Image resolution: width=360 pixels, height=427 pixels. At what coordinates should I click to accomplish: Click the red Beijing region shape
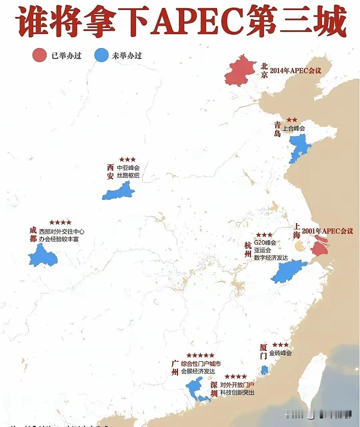[x=239, y=73]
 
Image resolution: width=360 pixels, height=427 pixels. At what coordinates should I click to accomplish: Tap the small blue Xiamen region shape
[x=264, y=370]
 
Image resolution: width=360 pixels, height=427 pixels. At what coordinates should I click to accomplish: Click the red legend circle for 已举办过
[x=39, y=55]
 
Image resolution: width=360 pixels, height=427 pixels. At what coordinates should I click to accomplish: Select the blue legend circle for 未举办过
[x=101, y=55]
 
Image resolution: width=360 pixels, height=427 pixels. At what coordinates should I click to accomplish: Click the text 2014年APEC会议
[x=295, y=71]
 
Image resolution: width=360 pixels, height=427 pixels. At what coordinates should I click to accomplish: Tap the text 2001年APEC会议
[x=327, y=231]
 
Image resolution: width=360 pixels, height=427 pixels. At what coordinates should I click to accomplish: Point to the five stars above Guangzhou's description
[x=200, y=355]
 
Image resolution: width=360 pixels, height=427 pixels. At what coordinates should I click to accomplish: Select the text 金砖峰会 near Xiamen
[x=280, y=353]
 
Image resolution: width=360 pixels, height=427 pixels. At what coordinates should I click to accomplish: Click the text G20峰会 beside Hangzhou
[x=265, y=243]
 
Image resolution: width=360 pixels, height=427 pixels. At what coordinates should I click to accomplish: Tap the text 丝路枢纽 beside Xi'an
[x=128, y=175]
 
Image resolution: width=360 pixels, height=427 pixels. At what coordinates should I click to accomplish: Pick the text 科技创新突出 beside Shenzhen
[x=237, y=392]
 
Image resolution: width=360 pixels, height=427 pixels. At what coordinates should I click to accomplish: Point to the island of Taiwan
[x=312, y=380]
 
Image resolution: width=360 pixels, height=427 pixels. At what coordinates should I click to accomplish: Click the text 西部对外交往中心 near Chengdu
[x=62, y=231]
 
